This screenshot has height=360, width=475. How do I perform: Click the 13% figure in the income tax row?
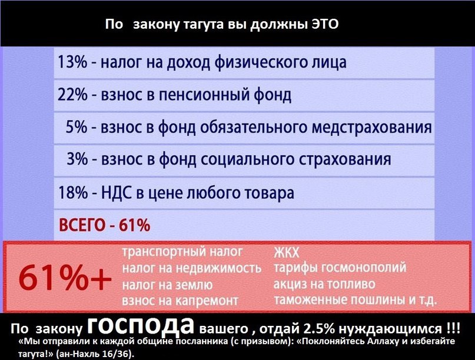pos(72,62)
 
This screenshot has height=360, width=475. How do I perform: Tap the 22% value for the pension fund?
pos(72,95)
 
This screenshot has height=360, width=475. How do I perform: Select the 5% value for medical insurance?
pos(77,127)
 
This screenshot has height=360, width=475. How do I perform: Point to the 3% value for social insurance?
pos(77,159)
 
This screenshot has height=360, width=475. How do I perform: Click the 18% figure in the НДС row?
pos(73,192)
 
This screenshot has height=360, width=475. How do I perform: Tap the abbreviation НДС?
pos(117,193)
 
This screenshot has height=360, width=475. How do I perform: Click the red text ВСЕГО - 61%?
pos(104,225)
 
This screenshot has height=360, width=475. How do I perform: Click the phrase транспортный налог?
pos(182,252)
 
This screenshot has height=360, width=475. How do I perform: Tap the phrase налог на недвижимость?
pos(191,268)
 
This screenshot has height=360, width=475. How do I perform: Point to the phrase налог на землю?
pos(167,285)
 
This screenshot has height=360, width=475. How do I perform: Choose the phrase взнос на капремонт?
pos(180,301)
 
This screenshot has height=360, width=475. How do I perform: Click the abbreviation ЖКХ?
pos(286,252)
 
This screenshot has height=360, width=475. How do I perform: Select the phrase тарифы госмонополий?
pos(340,268)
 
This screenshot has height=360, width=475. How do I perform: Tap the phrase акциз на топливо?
pos(324,284)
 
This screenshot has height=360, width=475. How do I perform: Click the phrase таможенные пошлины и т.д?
pos(356,300)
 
